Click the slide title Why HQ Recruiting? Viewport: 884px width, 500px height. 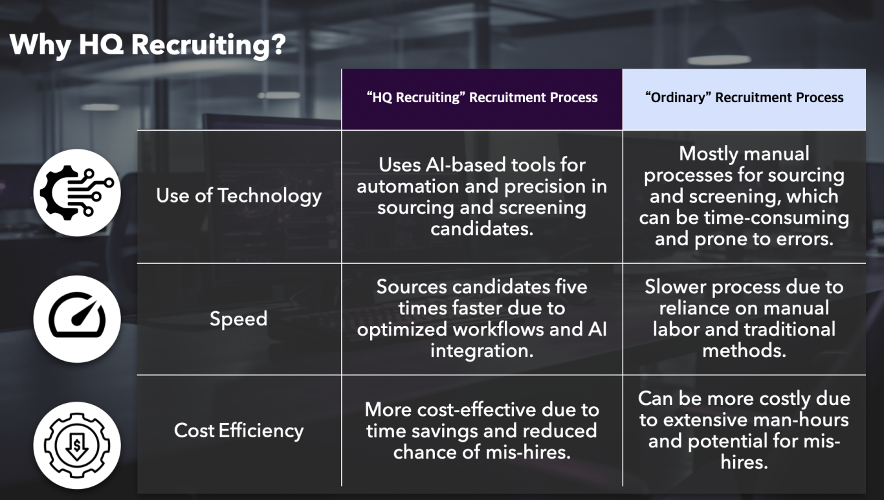[148, 45]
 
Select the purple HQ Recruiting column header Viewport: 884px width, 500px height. [482, 100]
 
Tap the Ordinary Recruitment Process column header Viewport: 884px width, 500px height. [744, 100]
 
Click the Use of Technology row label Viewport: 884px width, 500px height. [239, 196]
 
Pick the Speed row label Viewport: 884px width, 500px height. [238, 319]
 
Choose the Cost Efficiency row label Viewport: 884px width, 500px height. [239, 431]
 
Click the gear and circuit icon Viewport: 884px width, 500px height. [77, 193]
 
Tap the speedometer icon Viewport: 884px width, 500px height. [77, 319]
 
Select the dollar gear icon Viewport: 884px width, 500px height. [77, 446]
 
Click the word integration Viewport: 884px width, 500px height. [482, 351]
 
